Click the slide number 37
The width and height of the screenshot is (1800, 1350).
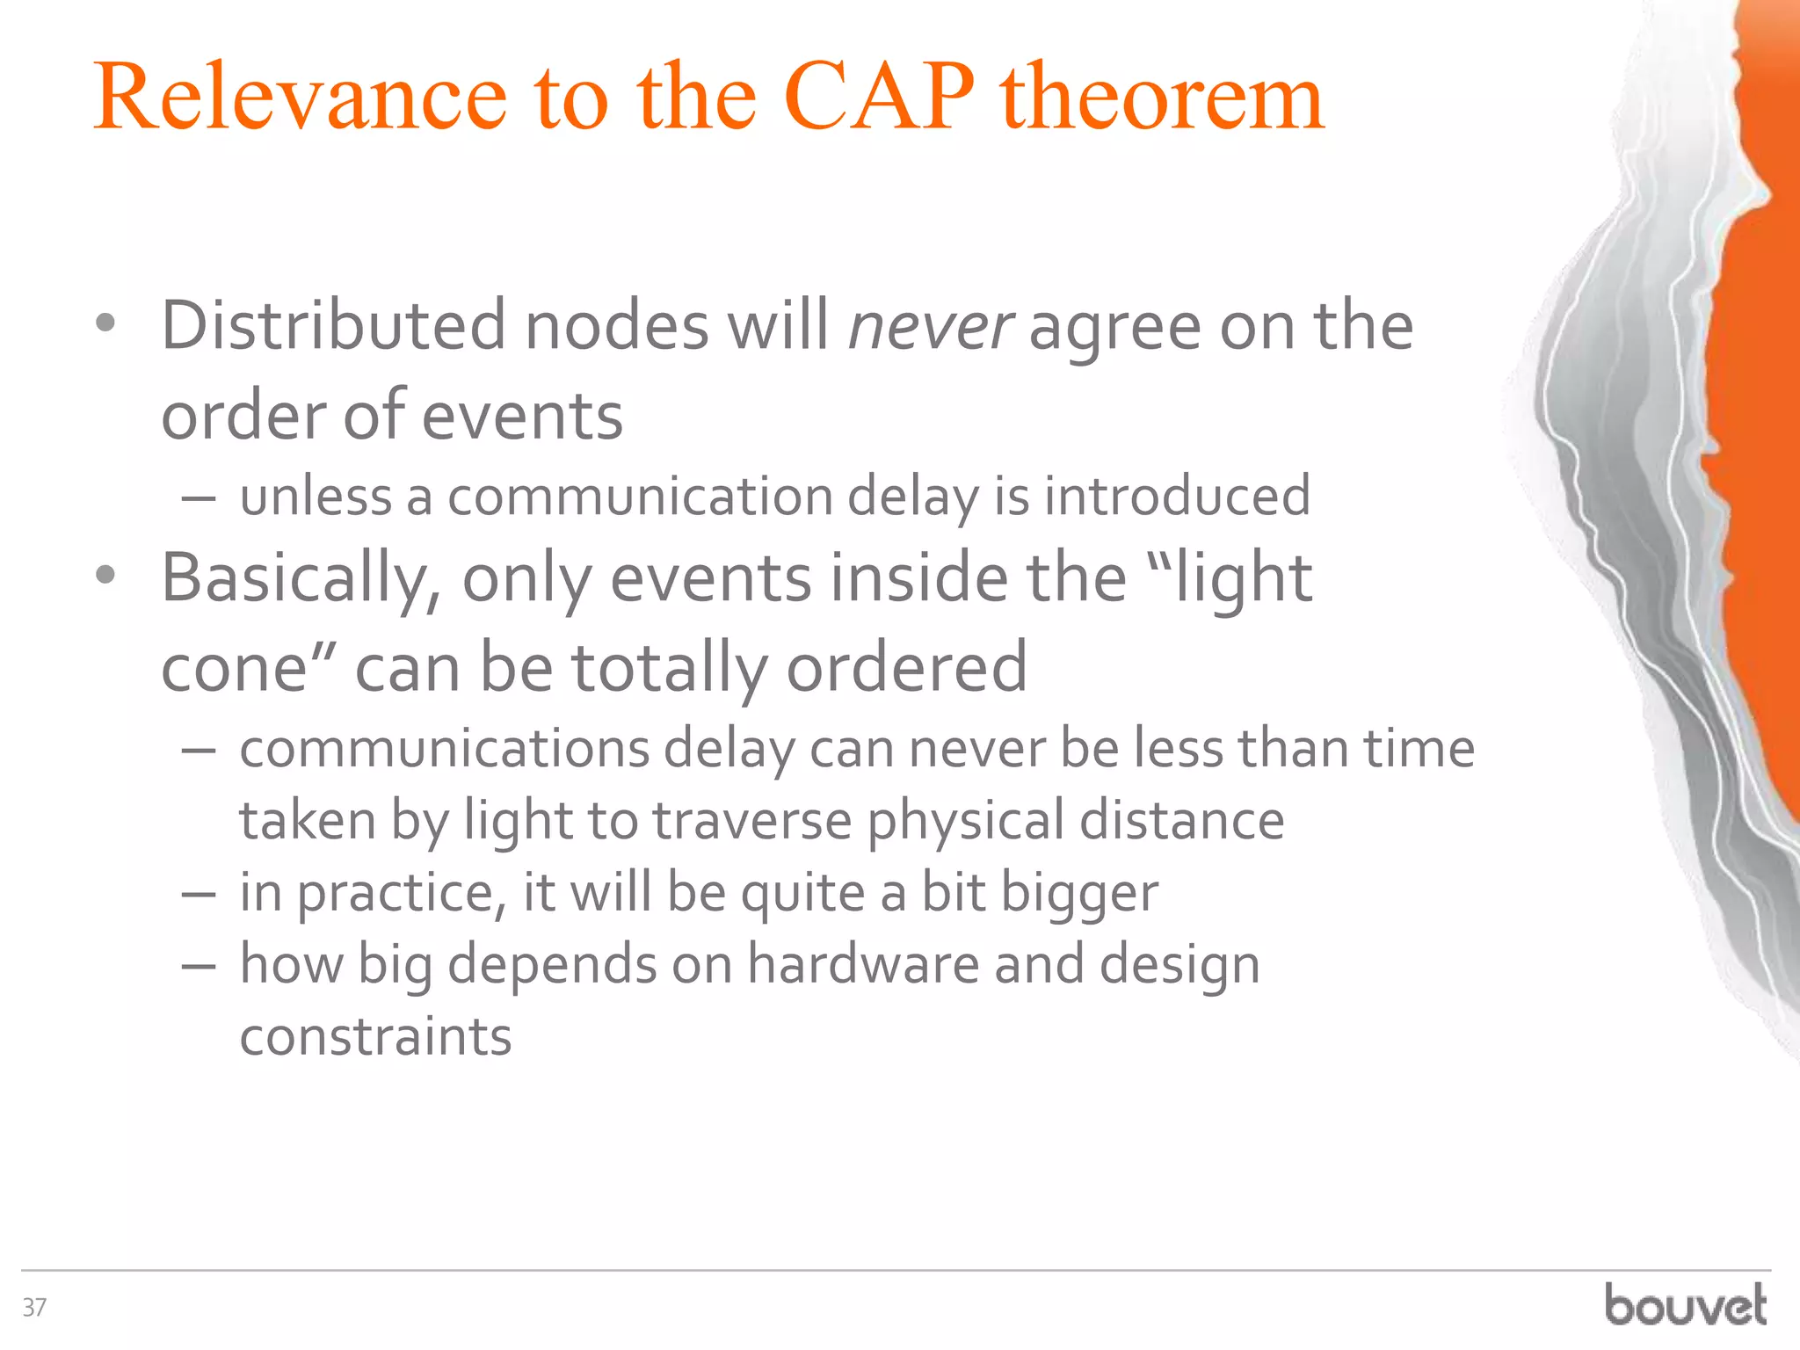point(34,1308)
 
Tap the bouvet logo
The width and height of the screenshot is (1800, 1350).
point(1686,1305)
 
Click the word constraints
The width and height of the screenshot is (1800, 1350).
point(375,1037)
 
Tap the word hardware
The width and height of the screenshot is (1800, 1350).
point(862,965)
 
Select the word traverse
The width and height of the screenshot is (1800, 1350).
point(752,822)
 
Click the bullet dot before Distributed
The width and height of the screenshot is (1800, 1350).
point(105,325)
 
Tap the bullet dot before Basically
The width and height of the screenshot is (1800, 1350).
point(105,577)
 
